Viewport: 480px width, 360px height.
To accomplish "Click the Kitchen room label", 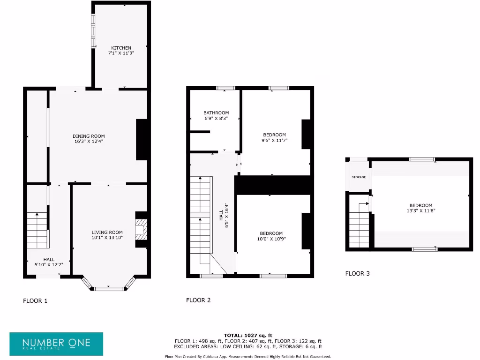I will [x=121, y=48].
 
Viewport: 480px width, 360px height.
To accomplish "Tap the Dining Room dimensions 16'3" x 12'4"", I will [x=89, y=141].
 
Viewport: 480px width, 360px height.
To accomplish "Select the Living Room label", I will [x=107, y=232].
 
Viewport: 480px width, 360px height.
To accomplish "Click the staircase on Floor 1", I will [x=37, y=230].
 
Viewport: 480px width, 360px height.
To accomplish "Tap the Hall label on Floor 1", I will [x=49, y=259].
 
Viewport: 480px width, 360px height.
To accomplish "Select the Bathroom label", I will [x=216, y=112].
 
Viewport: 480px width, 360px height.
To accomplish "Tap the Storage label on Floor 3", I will [x=359, y=177].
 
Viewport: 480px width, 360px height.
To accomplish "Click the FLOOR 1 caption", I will [x=35, y=300].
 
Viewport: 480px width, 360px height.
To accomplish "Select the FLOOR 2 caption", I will [x=198, y=300].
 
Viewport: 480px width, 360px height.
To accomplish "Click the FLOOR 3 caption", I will [x=357, y=273].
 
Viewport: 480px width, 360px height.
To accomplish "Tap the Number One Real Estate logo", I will [x=56, y=344].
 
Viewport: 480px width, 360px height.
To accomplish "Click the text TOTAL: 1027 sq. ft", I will [x=248, y=335].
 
